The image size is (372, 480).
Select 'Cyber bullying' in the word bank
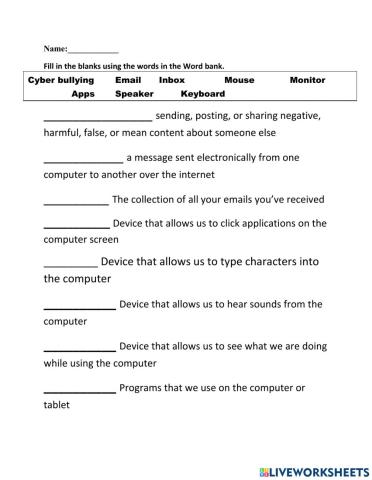click(x=61, y=79)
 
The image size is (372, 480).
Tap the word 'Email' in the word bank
click(x=129, y=79)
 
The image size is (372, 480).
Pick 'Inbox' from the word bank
click(x=172, y=79)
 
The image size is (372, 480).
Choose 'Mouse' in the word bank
click(x=239, y=79)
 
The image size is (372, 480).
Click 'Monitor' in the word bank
click(x=307, y=79)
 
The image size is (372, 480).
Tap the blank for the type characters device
click(x=70, y=264)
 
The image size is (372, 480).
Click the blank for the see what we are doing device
click(x=79, y=347)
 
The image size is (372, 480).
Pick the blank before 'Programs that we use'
click(x=79, y=388)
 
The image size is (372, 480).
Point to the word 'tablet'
click(x=59, y=405)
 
